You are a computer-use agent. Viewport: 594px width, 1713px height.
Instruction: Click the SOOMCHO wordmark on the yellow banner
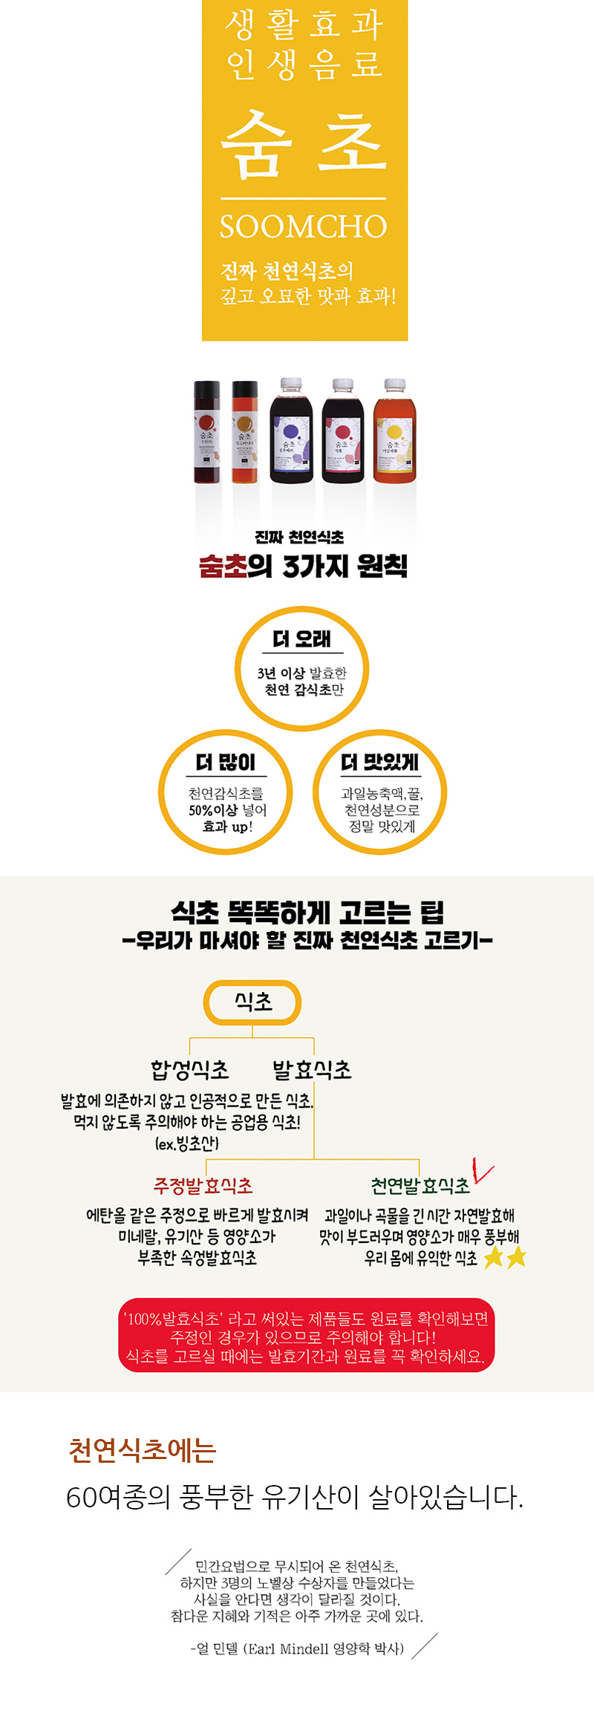(x=304, y=226)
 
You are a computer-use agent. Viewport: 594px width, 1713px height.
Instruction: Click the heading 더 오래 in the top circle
(x=301, y=639)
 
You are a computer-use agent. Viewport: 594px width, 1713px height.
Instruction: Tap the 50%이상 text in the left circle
(x=212, y=810)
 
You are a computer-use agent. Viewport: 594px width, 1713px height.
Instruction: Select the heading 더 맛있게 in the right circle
(x=379, y=763)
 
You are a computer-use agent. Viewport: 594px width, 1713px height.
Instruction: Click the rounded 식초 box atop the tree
(x=252, y=1002)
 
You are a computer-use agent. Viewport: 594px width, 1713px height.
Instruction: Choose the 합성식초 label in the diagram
(x=190, y=1070)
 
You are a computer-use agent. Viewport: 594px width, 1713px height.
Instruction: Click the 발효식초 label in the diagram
(x=312, y=1070)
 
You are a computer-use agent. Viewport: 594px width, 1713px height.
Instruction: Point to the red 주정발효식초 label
(x=203, y=1186)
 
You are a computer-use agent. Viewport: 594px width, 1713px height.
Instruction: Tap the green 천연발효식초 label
(x=420, y=1186)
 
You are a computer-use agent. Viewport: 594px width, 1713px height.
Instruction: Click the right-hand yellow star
(x=516, y=1257)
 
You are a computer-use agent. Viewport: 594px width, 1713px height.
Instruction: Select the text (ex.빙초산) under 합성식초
(x=187, y=1143)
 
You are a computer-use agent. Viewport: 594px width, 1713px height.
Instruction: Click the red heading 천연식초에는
(x=142, y=1450)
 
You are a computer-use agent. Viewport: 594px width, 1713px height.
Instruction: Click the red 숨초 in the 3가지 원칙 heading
(x=222, y=567)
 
